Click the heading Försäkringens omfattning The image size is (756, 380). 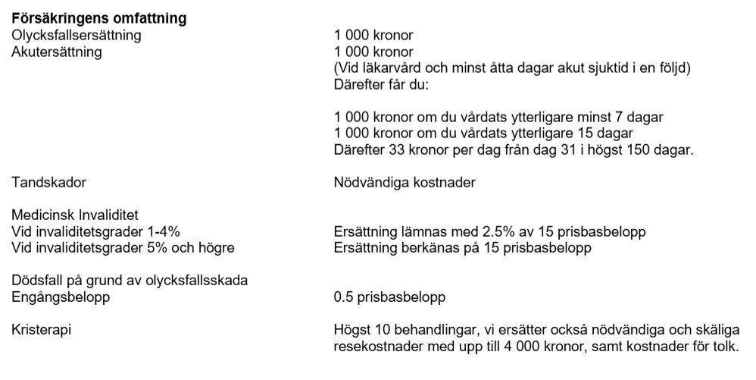click(x=99, y=18)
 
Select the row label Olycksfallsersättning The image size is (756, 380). click(x=77, y=35)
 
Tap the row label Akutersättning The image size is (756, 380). click(x=57, y=52)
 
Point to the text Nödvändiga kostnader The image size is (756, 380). click(x=405, y=182)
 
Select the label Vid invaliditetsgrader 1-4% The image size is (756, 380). click(x=96, y=231)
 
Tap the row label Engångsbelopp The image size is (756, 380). click(x=61, y=297)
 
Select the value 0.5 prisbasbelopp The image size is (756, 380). click(x=389, y=297)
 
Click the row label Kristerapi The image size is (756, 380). click(x=42, y=330)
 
